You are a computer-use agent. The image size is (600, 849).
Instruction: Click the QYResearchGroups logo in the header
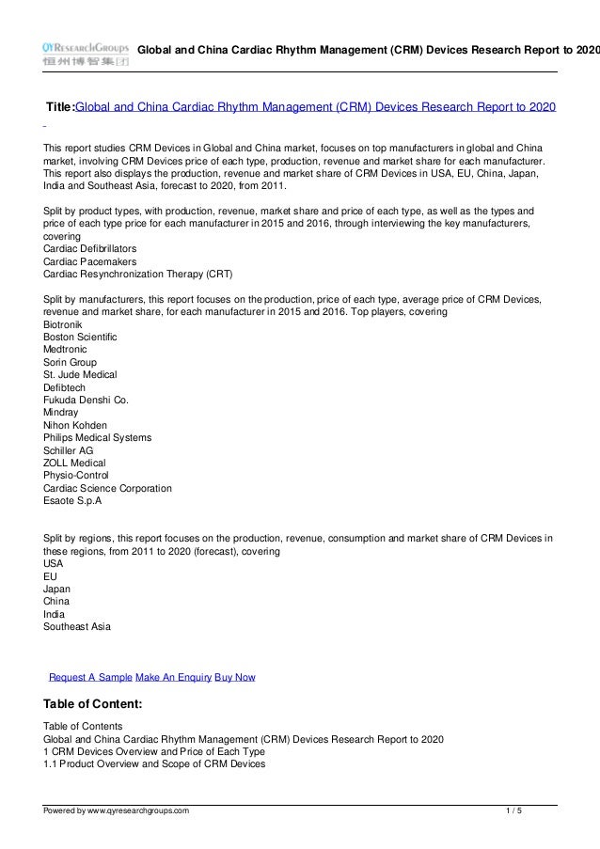click(x=85, y=53)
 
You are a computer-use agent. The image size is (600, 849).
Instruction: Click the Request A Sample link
click(x=90, y=677)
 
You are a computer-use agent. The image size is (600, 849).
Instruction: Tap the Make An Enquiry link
click(x=174, y=677)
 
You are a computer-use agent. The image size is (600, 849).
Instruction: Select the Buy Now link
click(x=235, y=677)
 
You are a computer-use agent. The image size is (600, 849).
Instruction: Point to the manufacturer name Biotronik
click(x=64, y=323)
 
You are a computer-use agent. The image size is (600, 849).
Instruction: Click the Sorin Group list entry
click(x=70, y=362)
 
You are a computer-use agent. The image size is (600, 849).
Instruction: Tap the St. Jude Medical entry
click(x=80, y=374)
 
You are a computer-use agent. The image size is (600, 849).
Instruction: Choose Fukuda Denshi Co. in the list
click(x=86, y=400)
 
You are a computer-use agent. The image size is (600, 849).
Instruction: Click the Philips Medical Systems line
click(x=97, y=438)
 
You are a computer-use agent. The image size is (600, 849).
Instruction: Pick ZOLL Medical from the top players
click(x=74, y=464)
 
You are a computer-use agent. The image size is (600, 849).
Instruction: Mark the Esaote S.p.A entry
click(x=72, y=501)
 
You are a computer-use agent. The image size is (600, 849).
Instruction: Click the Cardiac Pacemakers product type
click(x=89, y=260)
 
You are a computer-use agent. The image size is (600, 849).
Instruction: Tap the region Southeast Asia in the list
click(x=77, y=626)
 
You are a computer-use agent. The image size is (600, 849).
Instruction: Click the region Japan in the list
click(x=56, y=588)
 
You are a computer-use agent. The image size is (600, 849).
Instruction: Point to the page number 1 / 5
click(x=513, y=810)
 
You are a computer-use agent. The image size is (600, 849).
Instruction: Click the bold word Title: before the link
click(x=60, y=107)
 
